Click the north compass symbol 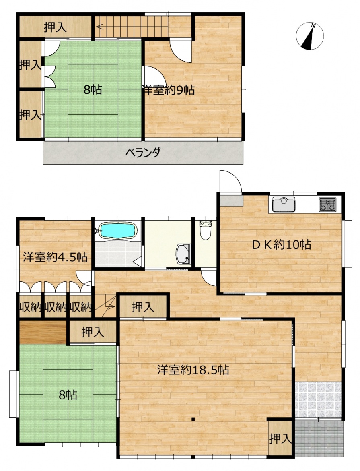[x=310, y=36]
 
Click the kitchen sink [x=284, y=205]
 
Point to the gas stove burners [x=328, y=205]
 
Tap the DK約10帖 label [x=281, y=244]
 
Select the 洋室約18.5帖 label [x=193, y=370]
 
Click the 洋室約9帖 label [x=169, y=90]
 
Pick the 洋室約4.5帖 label [x=55, y=257]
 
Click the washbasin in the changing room [x=183, y=254]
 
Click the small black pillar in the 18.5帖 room [x=193, y=419]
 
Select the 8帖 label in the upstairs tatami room [x=93, y=89]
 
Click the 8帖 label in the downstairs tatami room [x=68, y=395]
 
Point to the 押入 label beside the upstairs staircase [x=55, y=27]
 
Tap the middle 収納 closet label [x=55, y=307]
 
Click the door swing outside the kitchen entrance [x=230, y=181]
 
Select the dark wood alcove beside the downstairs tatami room [x=43, y=332]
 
